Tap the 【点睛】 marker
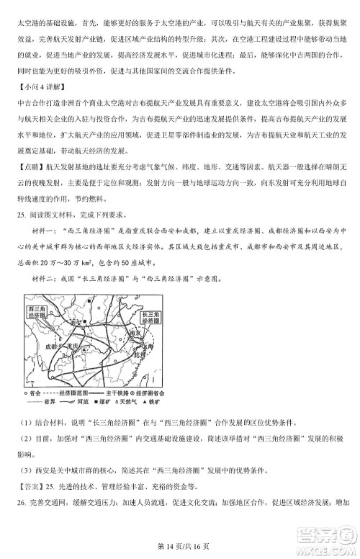point(28,166)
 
